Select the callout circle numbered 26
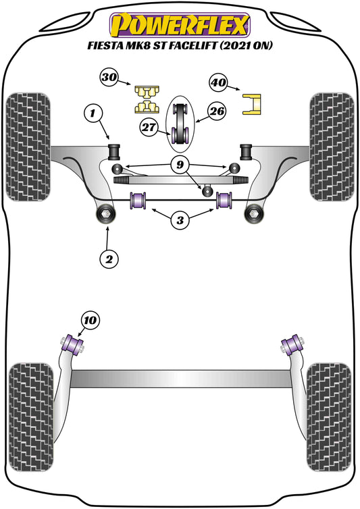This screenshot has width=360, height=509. coord(216,111)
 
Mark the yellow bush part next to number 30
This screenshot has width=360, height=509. coord(145,99)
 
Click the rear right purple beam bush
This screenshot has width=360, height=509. coord(291,346)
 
